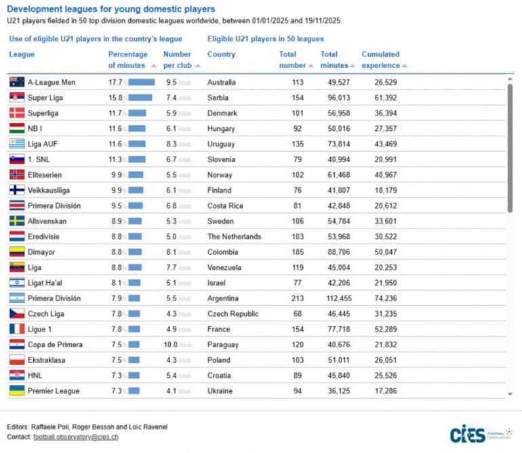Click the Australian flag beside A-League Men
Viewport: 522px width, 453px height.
pos(17,82)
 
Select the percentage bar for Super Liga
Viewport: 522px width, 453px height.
pos(140,98)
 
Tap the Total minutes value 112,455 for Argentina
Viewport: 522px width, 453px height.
pos(335,298)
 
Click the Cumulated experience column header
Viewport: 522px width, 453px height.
pos(380,60)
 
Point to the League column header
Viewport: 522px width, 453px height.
pos(22,54)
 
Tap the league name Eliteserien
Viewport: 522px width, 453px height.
pos(47,175)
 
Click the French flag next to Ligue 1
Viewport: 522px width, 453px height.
pos(17,329)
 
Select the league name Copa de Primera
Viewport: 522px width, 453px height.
pos(55,344)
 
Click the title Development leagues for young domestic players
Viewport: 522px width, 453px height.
pos(111,9)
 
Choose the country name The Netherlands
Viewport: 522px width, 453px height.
pos(234,237)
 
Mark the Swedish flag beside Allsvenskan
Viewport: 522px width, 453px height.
pos(17,221)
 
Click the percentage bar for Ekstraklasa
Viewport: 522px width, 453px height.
pos(133,360)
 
